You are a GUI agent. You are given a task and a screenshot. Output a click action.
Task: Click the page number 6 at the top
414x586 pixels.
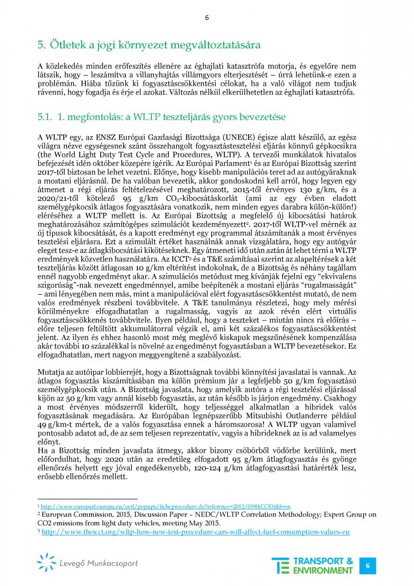[207, 18]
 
